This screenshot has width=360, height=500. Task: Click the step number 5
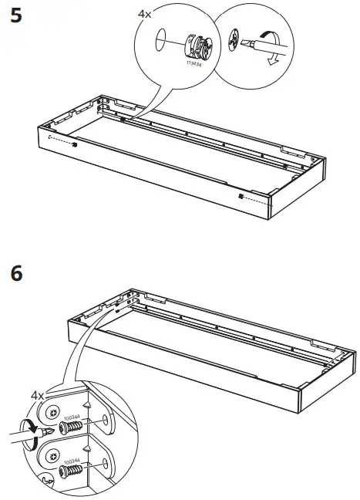click(x=15, y=18)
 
